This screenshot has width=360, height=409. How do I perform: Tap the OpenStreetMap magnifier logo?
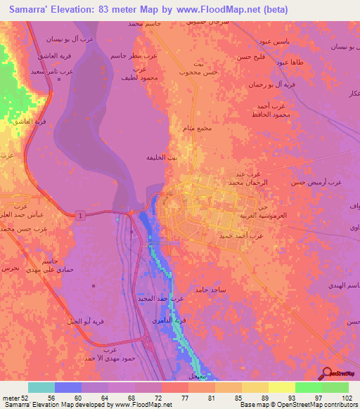click(328, 374)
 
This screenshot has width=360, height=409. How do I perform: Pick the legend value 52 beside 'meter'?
click(30, 396)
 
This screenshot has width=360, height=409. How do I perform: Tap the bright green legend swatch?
click(308, 387)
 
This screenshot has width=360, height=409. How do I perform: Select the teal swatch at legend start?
click(41, 387)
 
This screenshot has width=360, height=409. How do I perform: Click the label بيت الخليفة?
click(162, 158)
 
